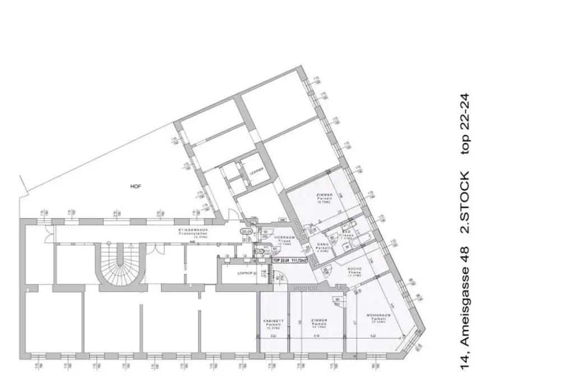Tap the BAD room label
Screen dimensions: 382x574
[x=348, y=232]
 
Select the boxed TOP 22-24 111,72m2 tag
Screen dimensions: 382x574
[x=289, y=260]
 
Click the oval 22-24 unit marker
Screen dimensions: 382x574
[x=246, y=230]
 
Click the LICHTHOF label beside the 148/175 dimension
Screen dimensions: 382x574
[x=246, y=273]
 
